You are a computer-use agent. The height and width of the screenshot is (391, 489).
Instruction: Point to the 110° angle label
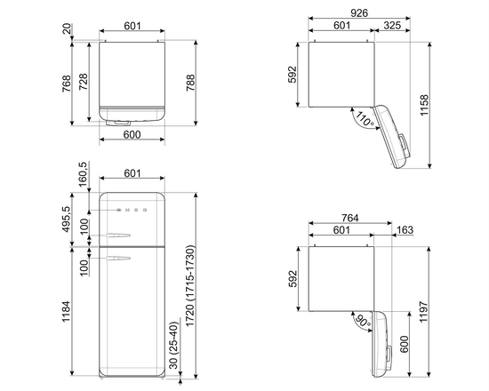pos(365,118)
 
